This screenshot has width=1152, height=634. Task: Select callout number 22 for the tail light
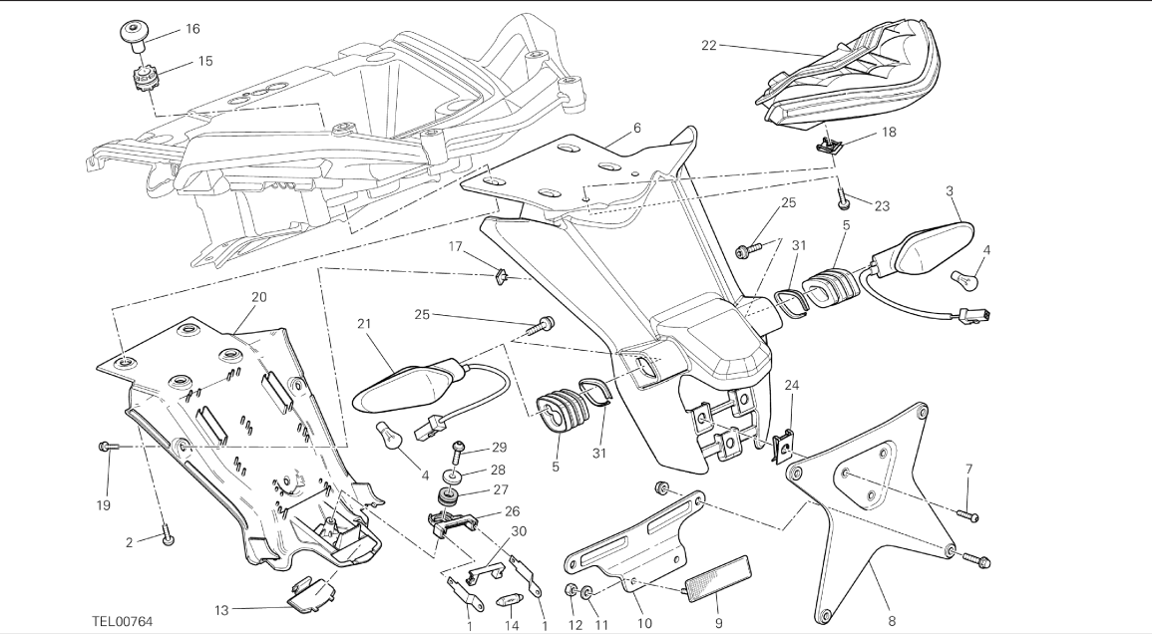[709, 46]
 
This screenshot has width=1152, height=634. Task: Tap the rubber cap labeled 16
[136, 32]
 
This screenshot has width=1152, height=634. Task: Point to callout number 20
[259, 297]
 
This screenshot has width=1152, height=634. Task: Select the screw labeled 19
[106, 448]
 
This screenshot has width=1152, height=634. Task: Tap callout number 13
[220, 609]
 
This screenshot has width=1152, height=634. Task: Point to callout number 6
[635, 128]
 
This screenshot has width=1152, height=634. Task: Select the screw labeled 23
[843, 198]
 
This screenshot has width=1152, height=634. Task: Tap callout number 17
[456, 245]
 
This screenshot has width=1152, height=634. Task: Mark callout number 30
[519, 530]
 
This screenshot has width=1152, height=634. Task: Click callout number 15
[204, 61]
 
